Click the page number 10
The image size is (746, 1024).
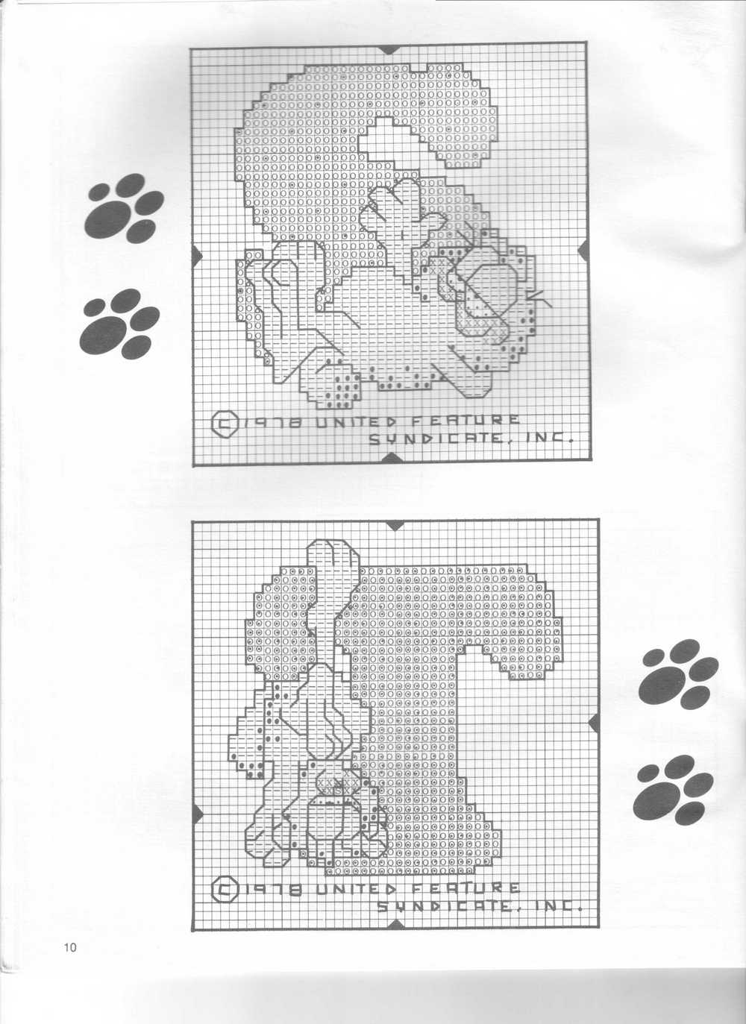tap(70, 947)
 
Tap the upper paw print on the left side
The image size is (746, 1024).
tap(124, 208)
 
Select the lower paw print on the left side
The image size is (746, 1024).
tap(119, 324)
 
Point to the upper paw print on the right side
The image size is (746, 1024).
tap(678, 674)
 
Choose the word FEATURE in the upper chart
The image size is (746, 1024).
tap(466, 420)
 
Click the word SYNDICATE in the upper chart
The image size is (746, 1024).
tap(434, 439)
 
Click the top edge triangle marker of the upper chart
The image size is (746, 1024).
tap(389, 49)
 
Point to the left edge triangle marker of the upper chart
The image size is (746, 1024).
tap(196, 256)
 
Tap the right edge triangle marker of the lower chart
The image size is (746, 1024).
tap(593, 723)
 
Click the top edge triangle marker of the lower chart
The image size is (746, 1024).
tap(395, 526)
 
